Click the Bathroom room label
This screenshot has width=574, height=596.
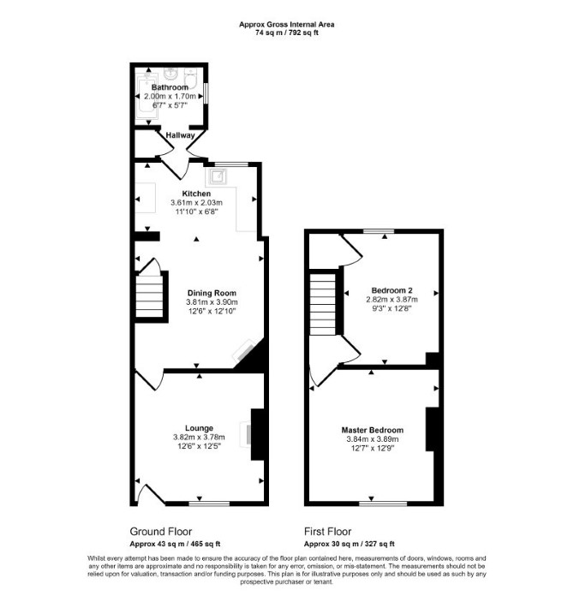[x=170, y=87]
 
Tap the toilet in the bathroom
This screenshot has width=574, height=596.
[x=190, y=78]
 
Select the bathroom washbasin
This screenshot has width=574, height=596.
[x=170, y=74]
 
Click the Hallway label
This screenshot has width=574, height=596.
[x=180, y=135]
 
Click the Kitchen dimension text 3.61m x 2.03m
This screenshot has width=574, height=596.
[x=196, y=203]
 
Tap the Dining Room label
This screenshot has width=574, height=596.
[x=212, y=293]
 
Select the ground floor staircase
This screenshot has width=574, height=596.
[x=149, y=296]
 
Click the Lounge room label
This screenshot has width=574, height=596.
[x=199, y=428]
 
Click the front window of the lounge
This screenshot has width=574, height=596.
[x=209, y=504]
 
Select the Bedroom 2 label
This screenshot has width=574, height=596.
[x=392, y=290]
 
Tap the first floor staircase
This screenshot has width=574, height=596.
[x=323, y=305]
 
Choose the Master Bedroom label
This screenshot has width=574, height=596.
[x=373, y=430]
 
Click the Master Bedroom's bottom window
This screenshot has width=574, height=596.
[x=383, y=504]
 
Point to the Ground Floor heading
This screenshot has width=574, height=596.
[x=161, y=532]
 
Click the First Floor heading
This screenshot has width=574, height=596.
[x=327, y=532]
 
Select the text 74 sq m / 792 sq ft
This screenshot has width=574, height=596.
[x=287, y=33]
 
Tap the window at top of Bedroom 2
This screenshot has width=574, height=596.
[x=379, y=231]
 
